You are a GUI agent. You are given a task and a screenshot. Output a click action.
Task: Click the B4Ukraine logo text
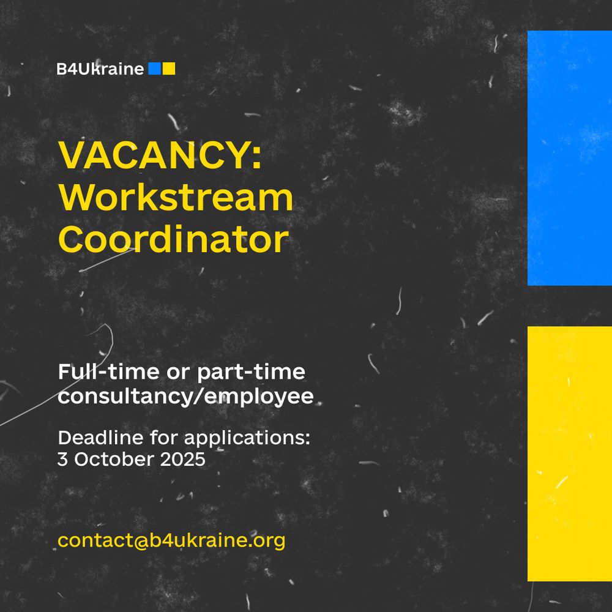click(100, 69)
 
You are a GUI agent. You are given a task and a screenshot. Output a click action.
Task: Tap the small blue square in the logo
click(154, 69)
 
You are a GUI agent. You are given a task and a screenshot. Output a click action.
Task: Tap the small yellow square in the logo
click(169, 69)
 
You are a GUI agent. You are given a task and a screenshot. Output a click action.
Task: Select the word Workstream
click(176, 198)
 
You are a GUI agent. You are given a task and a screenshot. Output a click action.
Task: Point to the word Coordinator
click(173, 240)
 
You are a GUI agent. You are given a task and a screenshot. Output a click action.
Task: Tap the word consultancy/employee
click(185, 397)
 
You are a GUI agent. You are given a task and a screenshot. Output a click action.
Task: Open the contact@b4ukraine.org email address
click(171, 541)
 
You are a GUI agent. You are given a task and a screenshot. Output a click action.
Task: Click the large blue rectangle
click(569, 158)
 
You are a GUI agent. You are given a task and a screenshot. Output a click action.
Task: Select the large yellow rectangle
click(569, 453)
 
